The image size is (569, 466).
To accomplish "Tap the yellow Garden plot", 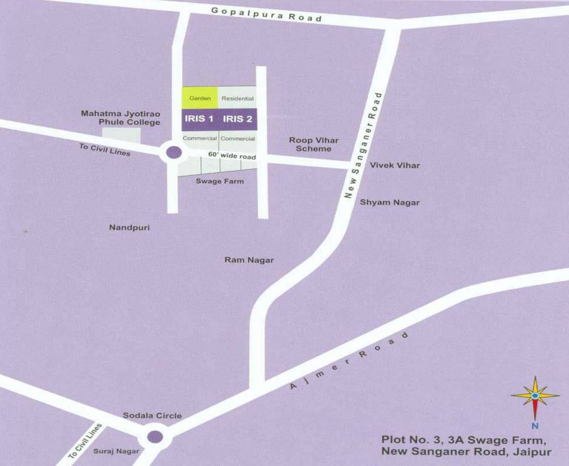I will click(200, 98).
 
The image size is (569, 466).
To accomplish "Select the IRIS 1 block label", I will click(199, 119).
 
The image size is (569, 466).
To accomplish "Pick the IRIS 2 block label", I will click(238, 119).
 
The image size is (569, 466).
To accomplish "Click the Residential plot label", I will click(237, 98).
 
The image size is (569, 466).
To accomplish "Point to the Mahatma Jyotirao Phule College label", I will click(121, 118).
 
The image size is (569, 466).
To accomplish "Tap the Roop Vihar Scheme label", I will click(314, 144).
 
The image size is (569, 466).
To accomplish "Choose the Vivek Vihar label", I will click(395, 165).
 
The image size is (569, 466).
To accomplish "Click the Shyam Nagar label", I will click(389, 203).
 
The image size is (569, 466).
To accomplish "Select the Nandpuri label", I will click(129, 228).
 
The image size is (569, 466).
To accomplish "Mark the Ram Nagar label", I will click(249, 260).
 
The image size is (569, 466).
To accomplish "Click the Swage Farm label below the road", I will click(220, 181).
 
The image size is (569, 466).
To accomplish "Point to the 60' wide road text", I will click(232, 155).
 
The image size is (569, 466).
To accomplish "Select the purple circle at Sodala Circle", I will click(155, 436).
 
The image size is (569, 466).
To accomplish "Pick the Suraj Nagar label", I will click(116, 451).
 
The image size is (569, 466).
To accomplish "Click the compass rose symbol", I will click(534, 396).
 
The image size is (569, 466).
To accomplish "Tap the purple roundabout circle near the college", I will click(173, 152).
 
